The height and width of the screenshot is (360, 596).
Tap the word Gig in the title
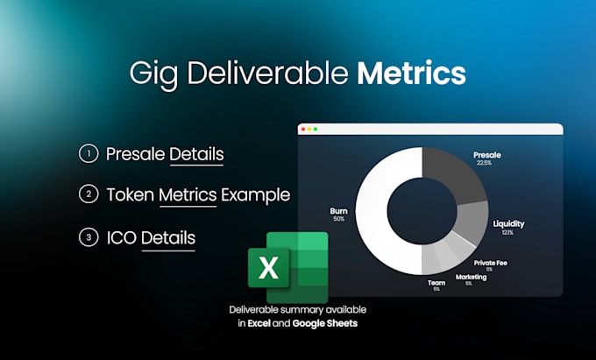153,74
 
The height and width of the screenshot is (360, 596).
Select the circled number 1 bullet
89,153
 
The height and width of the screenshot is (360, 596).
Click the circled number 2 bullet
89,194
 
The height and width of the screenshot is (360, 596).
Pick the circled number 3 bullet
89,237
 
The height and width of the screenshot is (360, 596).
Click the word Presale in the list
135,154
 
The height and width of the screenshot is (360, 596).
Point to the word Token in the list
131,194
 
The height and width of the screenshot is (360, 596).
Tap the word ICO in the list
122,237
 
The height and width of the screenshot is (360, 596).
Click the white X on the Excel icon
268,268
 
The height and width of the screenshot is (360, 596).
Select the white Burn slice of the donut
372,211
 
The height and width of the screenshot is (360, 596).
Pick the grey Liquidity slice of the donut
472,222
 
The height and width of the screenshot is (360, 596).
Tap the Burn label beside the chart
338,211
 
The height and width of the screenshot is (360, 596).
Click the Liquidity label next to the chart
508,223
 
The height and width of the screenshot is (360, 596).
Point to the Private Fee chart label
490,263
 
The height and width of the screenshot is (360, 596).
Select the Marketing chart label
471,277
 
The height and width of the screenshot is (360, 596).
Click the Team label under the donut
436,283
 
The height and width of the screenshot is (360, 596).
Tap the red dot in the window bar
303,130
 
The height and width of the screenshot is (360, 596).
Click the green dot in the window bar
316,130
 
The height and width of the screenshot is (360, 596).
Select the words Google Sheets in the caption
325,323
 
